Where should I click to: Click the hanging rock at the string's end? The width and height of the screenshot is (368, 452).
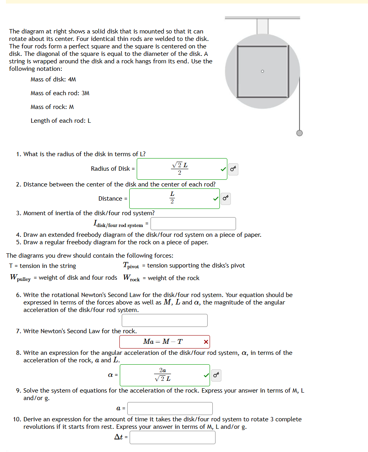tap(299, 133)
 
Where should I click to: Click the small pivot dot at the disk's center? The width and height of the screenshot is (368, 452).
tap(262, 71)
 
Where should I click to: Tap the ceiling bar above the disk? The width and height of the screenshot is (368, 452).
tap(262, 17)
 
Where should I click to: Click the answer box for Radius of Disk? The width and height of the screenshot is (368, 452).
tap(180, 169)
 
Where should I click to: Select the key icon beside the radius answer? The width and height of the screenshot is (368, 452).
tap(233, 169)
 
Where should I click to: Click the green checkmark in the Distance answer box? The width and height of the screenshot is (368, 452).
tap(216, 199)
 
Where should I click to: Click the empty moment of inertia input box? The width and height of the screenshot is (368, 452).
tap(193, 224)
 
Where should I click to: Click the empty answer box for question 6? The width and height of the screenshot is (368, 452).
tap(164, 320)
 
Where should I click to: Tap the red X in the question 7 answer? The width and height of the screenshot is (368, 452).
tap(206, 341)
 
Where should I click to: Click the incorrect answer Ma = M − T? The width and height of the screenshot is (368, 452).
tap(162, 341)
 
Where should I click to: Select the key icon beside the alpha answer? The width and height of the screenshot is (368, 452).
tap(216, 375)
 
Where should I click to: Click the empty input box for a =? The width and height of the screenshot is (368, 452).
tap(170, 408)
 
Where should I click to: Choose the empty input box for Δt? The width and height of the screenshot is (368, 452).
tap(172, 437)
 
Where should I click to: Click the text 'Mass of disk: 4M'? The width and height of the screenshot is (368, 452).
tap(53, 79)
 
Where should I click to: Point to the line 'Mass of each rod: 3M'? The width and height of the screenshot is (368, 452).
tap(60, 93)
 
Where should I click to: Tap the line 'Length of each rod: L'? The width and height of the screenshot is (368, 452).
tap(61, 121)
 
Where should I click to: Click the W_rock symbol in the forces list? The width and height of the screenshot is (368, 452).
tap(131, 278)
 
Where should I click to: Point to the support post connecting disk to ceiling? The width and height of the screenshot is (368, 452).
tap(262, 26)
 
